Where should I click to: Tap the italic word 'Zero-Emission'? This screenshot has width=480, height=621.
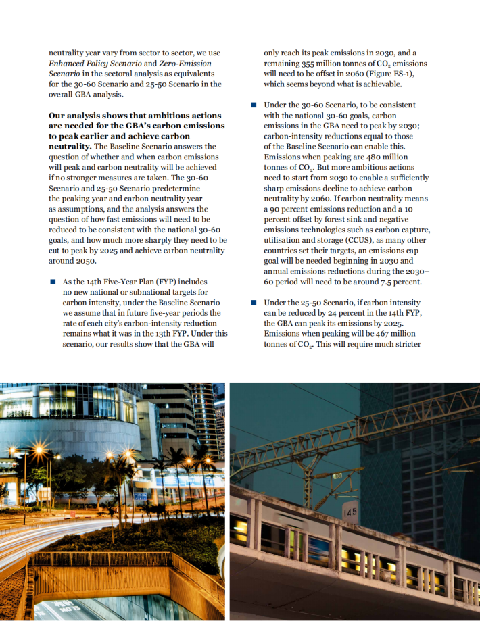click(x=193, y=64)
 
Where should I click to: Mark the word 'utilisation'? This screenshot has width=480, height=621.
click(x=283, y=241)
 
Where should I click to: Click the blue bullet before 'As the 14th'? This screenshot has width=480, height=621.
click(x=52, y=282)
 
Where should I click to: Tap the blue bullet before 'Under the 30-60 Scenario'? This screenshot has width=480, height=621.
click(x=254, y=105)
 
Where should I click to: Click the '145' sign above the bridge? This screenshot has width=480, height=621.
click(x=350, y=512)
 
